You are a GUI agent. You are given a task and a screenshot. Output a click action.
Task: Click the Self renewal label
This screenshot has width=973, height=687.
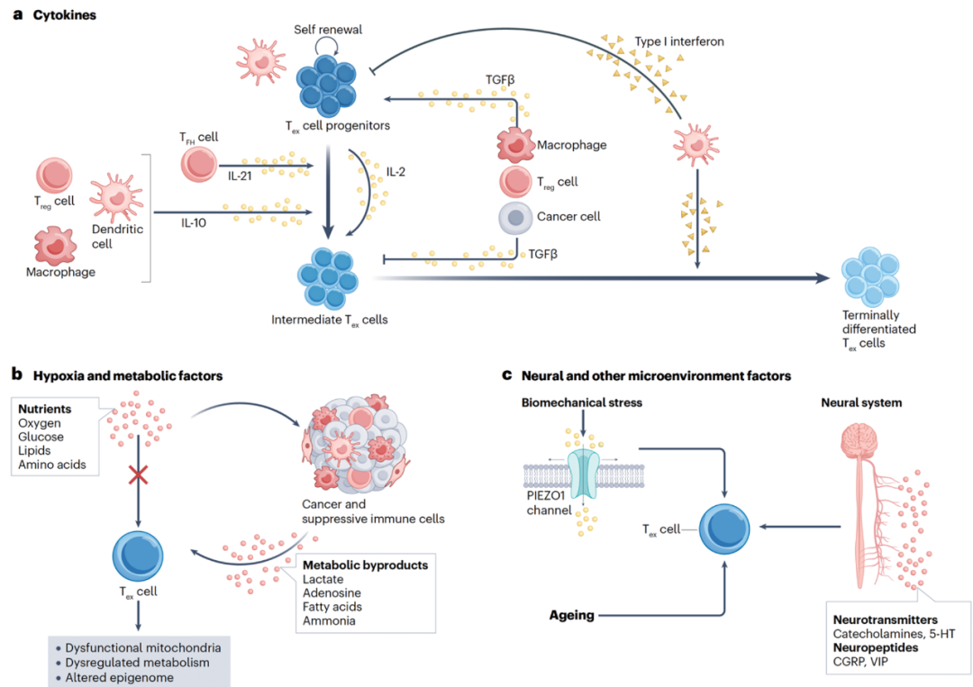(327, 30)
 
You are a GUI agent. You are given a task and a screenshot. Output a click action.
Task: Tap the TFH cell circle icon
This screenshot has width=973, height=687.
(198, 164)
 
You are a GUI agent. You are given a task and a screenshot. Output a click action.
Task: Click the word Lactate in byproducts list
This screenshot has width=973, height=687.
(323, 580)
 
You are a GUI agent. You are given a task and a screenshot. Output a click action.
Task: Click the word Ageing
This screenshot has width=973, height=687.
(571, 616)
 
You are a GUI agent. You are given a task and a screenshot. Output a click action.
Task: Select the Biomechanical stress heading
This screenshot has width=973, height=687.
(582, 402)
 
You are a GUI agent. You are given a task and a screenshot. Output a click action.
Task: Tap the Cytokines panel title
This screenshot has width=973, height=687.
(63, 16)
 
